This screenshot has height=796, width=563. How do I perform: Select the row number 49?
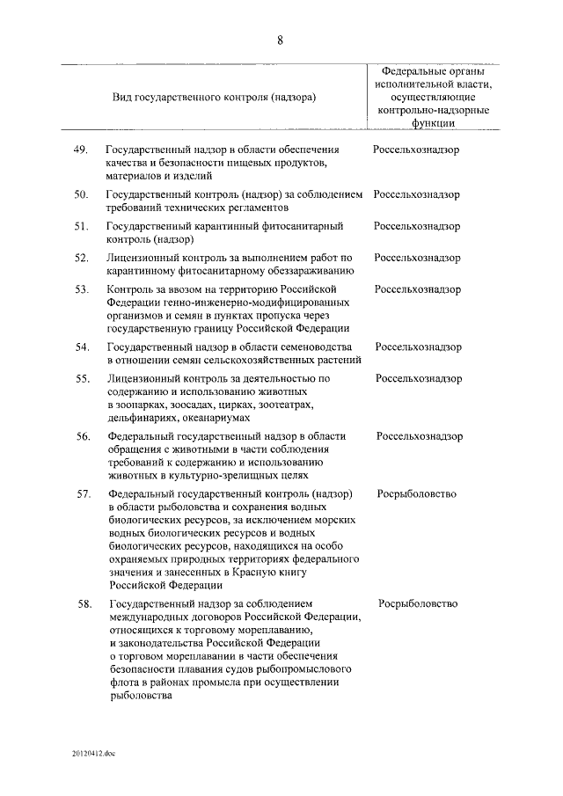click(x=80, y=150)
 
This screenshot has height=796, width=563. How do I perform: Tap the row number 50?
click(x=80, y=194)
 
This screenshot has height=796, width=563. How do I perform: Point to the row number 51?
click(x=81, y=226)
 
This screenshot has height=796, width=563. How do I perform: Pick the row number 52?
click(x=81, y=258)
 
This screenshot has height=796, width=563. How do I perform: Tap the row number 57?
click(x=84, y=494)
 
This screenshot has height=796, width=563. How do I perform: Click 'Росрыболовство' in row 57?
click(x=417, y=494)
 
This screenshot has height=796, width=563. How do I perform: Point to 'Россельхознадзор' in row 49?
click(x=416, y=150)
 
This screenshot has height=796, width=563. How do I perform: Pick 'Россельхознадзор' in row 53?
click(x=418, y=289)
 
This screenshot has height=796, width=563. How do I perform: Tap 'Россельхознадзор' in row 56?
click(x=420, y=436)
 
